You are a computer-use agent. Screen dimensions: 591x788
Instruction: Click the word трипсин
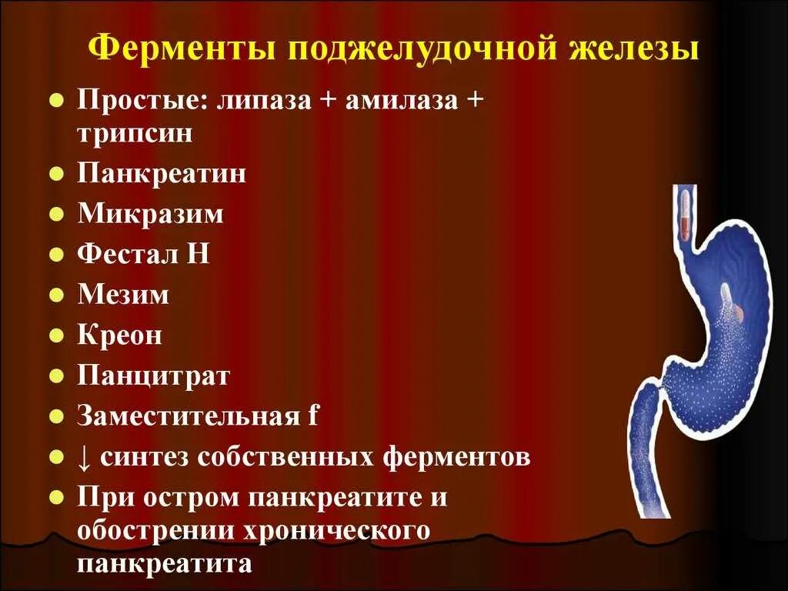click(134, 133)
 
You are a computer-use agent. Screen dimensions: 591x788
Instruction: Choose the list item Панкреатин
click(162, 173)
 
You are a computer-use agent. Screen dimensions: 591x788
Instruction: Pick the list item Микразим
click(150, 213)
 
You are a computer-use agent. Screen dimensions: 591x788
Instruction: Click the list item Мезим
click(122, 295)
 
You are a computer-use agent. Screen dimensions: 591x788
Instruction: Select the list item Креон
click(119, 336)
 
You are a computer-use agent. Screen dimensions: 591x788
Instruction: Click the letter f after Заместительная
click(312, 416)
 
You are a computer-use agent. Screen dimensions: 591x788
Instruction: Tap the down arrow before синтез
click(84, 458)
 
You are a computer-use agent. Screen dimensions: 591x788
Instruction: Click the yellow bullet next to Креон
click(55, 336)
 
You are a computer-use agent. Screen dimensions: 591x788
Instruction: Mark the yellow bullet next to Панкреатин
click(55, 174)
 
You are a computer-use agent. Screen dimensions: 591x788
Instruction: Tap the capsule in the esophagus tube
click(684, 215)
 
